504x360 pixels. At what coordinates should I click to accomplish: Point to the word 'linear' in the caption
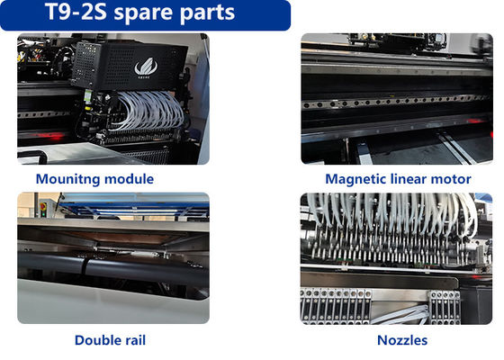(413, 179)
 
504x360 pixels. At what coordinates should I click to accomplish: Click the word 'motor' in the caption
(454, 179)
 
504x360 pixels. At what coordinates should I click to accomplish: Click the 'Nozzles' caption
(402, 339)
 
